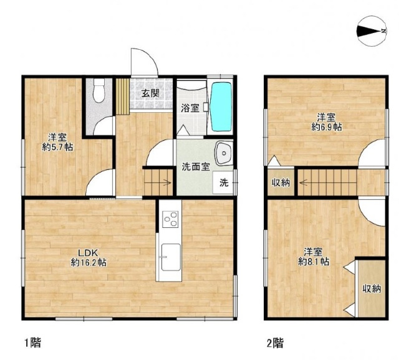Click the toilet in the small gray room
pyautogui.click(x=99, y=90)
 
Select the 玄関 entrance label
pyautogui.click(x=150, y=93)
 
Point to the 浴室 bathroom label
pyautogui.click(x=190, y=108)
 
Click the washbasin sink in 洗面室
pyautogui.click(x=224, y=153)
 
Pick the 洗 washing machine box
pyautogui.click(x=224, y=182)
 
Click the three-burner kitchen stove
pyautogui.click(x=170, y=219)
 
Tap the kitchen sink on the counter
pyautogui.click(x=171, y=257)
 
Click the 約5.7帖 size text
pyautogui.click(x=57, y=147)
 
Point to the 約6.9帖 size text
pyautogui.click(x=327, y=126)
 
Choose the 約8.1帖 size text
pyautogui.click(x=314, y=262)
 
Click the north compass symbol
pyautogui.click(x=372, y=31)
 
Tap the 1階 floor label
pyautogui.click(x=32, y=343)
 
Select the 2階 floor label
pyautogui.click(x=275, y=343)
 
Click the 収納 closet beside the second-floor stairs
pyautogui.click(x=281, y=182)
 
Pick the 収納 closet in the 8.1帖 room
pyautogui.click(x=372, y=288)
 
